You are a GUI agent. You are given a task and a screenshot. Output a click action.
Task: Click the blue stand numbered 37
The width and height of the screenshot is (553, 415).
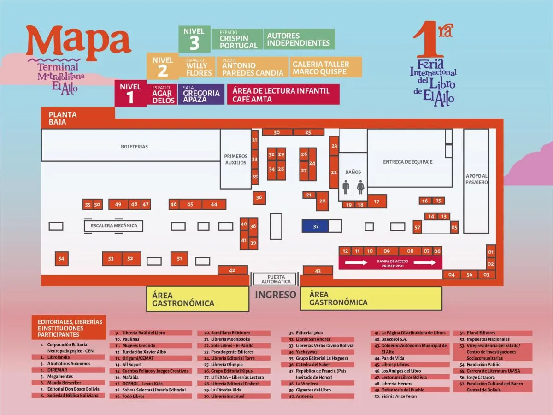point(315,226)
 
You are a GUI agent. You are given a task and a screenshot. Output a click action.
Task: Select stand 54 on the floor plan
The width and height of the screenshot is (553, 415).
point(61,259)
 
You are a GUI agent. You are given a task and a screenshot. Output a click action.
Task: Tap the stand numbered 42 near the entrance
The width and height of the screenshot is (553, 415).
point(232,270)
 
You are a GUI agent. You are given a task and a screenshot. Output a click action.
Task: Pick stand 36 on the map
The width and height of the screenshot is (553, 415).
point(259,197)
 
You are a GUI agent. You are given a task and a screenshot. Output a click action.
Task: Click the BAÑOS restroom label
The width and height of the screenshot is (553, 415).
point(353,172)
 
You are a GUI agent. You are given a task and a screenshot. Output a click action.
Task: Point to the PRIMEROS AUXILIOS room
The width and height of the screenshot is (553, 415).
point(235,159)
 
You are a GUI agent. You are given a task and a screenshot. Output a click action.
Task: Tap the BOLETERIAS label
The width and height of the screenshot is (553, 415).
point(134,146)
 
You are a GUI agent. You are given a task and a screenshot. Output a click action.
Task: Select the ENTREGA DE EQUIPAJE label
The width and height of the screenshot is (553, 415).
point(407,162)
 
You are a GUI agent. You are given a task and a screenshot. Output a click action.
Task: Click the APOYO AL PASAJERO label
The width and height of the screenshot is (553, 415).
point(477,179)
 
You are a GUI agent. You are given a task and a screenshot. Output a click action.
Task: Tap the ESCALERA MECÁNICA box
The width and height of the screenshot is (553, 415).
point(114,226)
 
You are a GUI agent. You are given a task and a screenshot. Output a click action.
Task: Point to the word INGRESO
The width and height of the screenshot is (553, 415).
point(276,295)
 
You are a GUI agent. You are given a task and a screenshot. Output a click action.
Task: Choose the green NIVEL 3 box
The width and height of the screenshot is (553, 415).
point(194,39)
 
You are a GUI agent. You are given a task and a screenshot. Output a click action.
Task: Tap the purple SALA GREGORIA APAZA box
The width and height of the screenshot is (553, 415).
point(201,94)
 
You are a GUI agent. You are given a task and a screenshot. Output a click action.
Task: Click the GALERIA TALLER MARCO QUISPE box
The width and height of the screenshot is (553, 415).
point(325,67)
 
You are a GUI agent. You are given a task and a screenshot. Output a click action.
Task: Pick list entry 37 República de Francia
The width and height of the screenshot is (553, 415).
point(318,373)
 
